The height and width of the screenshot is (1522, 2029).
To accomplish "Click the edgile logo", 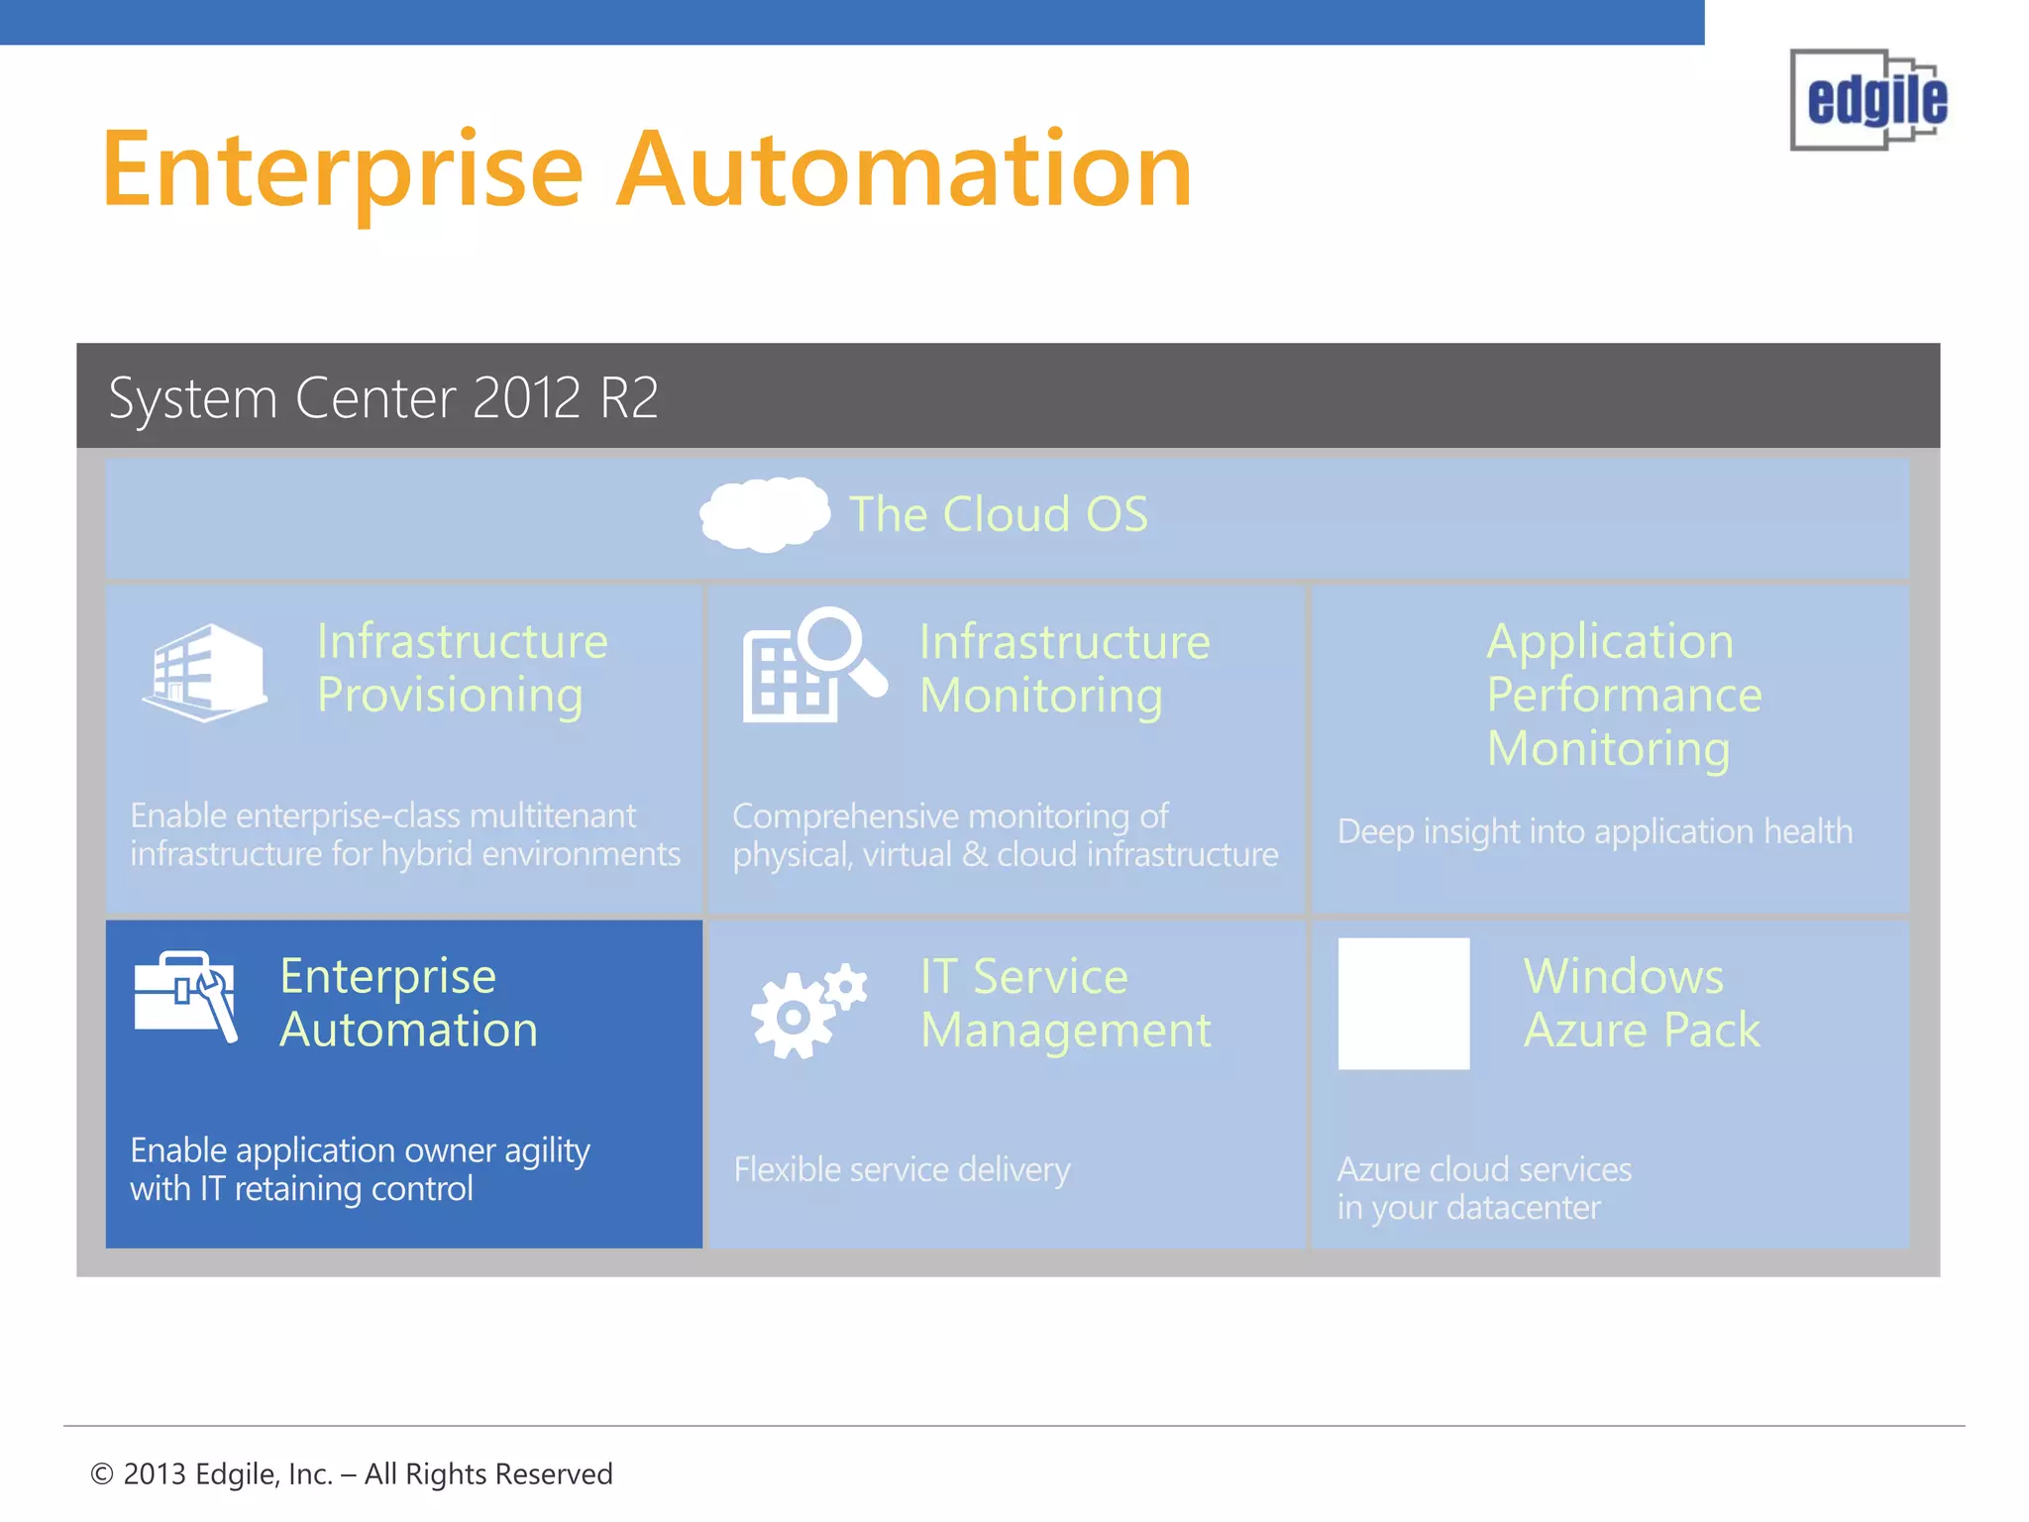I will tap(1869, 100).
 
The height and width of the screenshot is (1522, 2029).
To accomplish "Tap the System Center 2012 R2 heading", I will tap(383, 398).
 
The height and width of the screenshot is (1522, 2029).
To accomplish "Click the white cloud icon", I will tap(764, 513).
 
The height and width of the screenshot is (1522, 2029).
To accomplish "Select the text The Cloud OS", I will tap(998, 514).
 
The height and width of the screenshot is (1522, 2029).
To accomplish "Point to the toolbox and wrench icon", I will tap(185, 995).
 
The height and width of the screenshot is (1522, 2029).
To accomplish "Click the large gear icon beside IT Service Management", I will tap(792, 1017).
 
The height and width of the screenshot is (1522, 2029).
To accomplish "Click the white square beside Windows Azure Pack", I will tap(1403, 1003).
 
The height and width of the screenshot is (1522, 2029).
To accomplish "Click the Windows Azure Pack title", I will tap(1641, 1003).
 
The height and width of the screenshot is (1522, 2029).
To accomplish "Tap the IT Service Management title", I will tap(1064, 1003).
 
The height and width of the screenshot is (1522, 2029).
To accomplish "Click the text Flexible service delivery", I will tap(902, 1169).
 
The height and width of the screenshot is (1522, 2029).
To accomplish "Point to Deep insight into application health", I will tap(1594, 831).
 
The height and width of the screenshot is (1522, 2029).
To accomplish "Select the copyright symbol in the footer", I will tap(101, 1474).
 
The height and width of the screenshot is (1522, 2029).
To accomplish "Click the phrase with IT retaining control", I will tap(301, 1188).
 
